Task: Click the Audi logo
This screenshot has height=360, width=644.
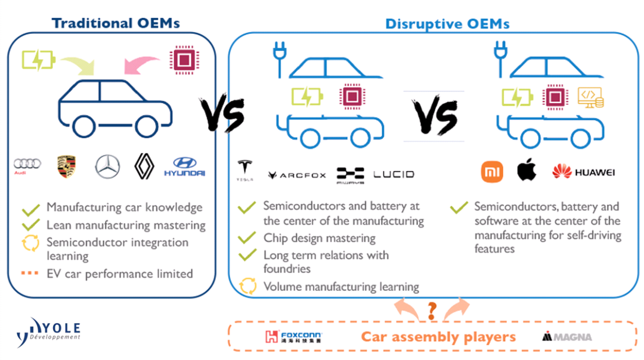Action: tap(27, 165)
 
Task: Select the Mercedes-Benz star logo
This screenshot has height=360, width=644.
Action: tap(107, 166)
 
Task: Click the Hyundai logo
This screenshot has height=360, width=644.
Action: tap(184, 166)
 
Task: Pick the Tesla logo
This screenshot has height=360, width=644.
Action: tap(244, 170)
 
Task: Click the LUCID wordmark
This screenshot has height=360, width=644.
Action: tap(393, 175)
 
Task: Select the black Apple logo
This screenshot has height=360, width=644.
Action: tap(527, 170)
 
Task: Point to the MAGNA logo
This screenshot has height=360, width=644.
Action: tap(567, 337)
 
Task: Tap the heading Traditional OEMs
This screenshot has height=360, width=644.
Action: tap(116, 23)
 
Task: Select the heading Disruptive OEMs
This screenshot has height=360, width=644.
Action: tap(447, 24)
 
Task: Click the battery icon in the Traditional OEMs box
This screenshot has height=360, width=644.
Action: tap(38, 60)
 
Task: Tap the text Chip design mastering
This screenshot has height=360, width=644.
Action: tap(319, 238)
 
